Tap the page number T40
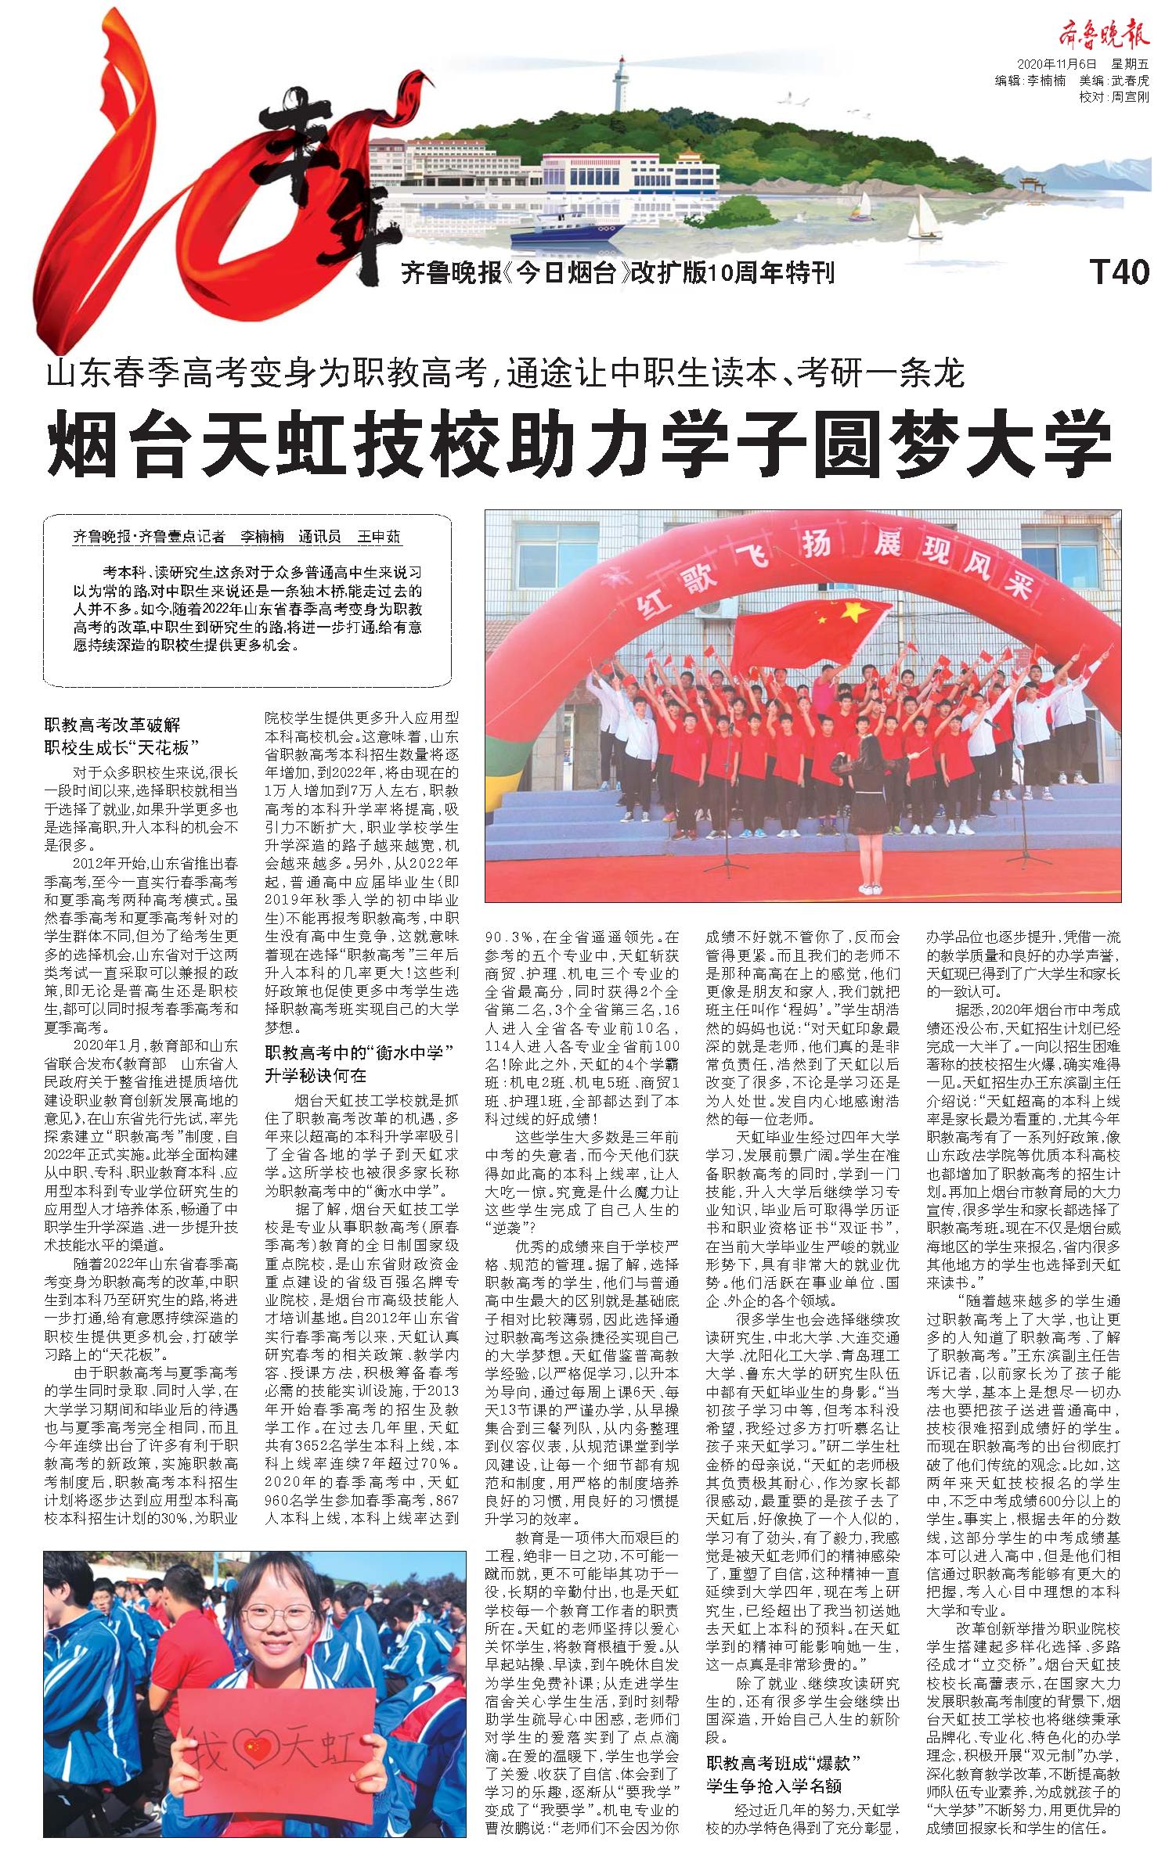(1120, 272)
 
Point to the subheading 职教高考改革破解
(113, 726)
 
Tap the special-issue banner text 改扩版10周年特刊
(732, 272)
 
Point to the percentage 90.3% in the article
(511, 936)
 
